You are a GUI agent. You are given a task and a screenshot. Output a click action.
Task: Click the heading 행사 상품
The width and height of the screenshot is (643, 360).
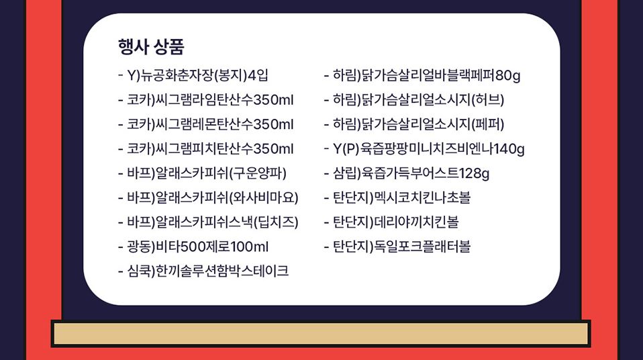tap(151, 47)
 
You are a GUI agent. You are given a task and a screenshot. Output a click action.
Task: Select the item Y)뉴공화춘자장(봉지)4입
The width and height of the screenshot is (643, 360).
tap(193, 75)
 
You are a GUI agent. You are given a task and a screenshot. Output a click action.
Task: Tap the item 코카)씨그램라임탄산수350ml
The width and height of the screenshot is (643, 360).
tap(206, 100)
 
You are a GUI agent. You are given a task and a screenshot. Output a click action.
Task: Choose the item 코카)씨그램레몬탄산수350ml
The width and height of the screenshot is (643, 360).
tap(206, 124)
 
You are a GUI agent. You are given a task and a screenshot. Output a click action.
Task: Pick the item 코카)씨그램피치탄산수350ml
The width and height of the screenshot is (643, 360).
tap(206, 148)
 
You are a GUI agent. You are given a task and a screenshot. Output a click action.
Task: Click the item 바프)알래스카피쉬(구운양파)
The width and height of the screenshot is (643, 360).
tap(202, 173)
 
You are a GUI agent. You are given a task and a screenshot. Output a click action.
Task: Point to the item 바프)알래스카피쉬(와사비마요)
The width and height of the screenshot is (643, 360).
tap(208, 197)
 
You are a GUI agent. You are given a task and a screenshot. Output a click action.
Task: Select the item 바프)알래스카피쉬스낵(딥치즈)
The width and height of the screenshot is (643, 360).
tap(208, 222)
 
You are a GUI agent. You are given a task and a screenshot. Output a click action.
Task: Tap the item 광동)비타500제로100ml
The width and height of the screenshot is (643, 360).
tap(193, 246)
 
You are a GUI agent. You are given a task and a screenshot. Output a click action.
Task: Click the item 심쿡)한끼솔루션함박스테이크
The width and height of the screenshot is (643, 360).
tap(203, 271)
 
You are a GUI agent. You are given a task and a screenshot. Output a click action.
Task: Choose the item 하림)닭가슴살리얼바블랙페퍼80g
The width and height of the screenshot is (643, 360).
tap(422, 75)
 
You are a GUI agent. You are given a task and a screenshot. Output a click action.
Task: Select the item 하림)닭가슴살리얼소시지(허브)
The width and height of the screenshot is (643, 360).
tap(414, 100)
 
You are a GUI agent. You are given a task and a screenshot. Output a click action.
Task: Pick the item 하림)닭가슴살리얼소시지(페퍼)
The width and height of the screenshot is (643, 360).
tap(414, 124)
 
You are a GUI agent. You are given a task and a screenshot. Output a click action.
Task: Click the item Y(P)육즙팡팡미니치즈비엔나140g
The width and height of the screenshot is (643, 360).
tap(424, 148)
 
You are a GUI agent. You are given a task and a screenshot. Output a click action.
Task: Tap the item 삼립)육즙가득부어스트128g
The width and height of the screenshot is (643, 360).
tap(407, 173)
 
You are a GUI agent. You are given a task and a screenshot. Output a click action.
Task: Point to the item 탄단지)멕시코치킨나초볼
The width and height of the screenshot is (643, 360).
tap(397, 197)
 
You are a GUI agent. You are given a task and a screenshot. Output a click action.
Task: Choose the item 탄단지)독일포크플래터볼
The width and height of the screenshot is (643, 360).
tap(397, 246)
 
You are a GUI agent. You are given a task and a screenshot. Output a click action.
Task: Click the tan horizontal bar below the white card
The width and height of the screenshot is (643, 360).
tap(321, 334)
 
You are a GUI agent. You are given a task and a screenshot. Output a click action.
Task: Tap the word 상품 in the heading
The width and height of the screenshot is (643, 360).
tap(169, 47)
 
